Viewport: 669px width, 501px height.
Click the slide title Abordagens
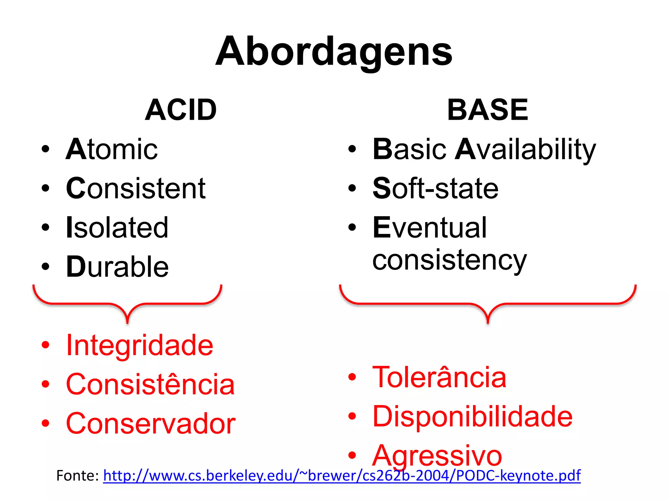pyautogui.click(x=334, y=52)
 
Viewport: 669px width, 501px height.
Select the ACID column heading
pyautogui.click(x=181, y=110)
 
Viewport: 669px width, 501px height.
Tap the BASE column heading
pyautogui.click(x=487, y=110)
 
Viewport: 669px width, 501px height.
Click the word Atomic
pyautogui.click(x=112, y=149)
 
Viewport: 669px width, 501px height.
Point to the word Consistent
pyautogui.click(x=136, y=189)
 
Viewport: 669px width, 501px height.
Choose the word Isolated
pyautogui.click(x=117, y=228)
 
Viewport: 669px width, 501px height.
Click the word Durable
pyautogui.click(x=117, y=267)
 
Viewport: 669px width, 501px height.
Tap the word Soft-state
pyautogui.click(x=435, y=189)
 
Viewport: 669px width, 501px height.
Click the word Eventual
pyautogui.click(x=430, y=228)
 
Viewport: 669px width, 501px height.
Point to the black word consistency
pyautogui.click(x=449, y=260)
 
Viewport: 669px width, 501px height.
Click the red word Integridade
pyautogui.click(x=139, y=345)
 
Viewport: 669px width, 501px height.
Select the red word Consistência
pyautogui.click(x=150, y=384)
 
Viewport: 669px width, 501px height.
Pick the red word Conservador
pyautogui.click(x=151, y=423)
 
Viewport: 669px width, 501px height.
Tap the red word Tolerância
pyautogui.click(x=439, y=377)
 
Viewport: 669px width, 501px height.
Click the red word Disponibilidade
pyautogui.click(x=472, y=417)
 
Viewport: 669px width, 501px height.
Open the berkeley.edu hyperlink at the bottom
pyautogui.click(x=342, y=476)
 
